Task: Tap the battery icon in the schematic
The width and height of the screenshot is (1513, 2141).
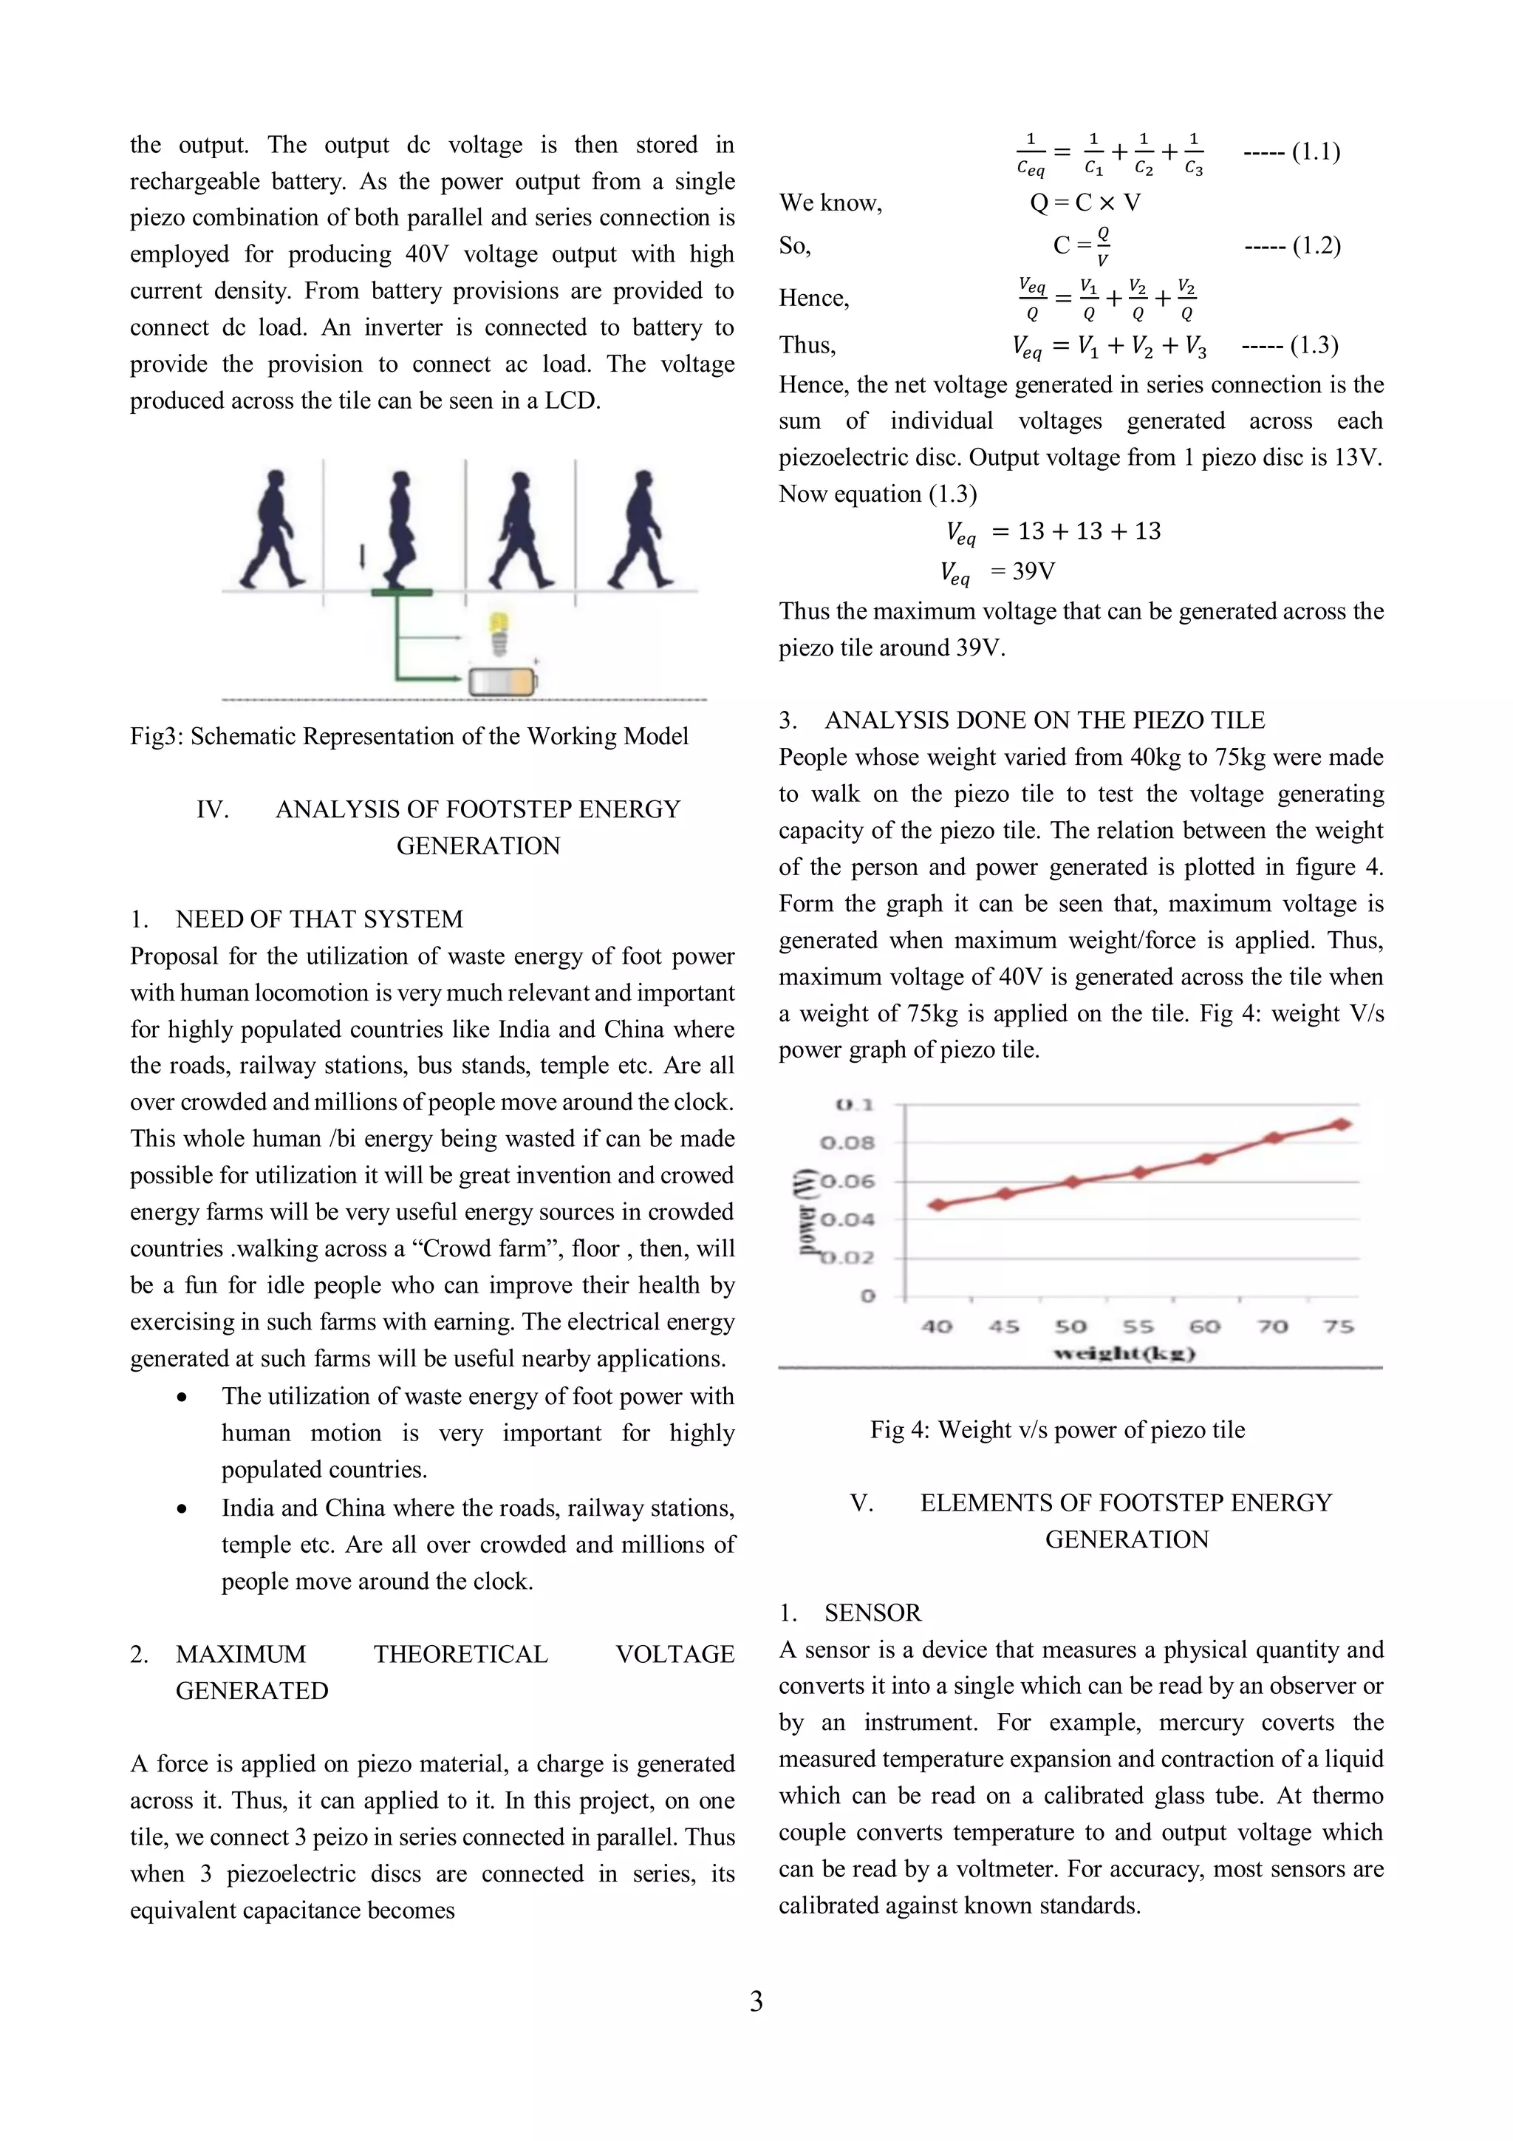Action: tap(502, 683)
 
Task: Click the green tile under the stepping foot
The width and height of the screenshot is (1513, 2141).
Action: tap(401, 592)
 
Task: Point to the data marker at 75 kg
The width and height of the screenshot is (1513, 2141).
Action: tap(1342, 1125)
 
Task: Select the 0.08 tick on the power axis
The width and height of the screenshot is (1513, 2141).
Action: tap(847, 1143)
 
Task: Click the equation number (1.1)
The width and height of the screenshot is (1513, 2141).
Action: tap(1315, 152)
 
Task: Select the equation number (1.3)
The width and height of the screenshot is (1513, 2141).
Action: tap(1314, 346)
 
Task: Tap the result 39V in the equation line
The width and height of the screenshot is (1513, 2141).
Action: tap(1033, 571)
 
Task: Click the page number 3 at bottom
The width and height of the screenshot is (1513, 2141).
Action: tap(756, 2001)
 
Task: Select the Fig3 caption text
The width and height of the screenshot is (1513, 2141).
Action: tap(409, 737)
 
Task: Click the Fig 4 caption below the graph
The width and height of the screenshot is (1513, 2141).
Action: tap(1057, 1429)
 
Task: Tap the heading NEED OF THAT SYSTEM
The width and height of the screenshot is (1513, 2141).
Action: tap(319, 919)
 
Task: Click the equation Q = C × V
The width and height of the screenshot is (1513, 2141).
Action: tap(1085, 202)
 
